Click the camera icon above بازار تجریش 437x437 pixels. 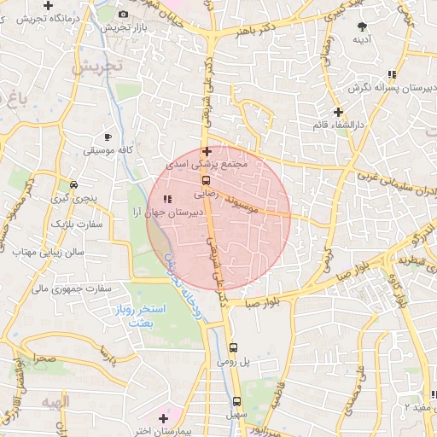124,14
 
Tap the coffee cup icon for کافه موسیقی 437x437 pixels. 108,137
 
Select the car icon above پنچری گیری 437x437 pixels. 74,184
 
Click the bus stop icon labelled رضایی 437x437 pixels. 206,180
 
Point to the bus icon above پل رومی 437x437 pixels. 234,347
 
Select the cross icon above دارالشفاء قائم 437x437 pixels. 338,111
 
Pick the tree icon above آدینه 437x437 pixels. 363,26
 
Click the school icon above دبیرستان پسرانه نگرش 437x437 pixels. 392,74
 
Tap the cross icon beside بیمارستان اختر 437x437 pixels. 163,418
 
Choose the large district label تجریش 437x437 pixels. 96,67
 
